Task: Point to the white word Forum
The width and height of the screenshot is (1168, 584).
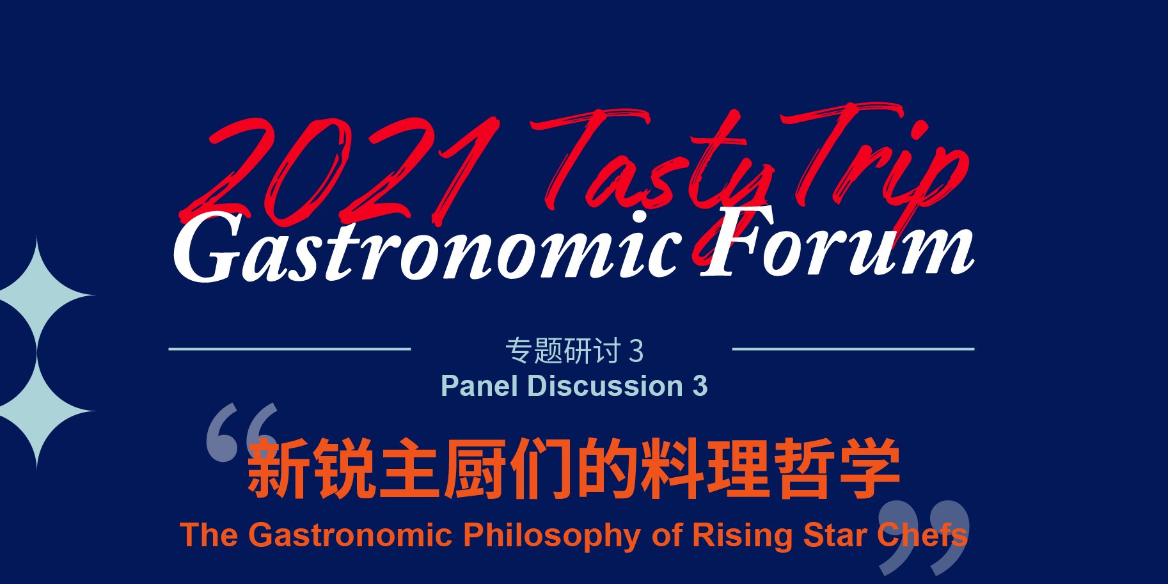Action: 837,243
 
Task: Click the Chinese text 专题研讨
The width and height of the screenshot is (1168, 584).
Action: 563,351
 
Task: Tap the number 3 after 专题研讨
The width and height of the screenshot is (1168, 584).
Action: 636,351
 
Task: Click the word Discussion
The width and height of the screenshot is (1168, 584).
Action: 604,386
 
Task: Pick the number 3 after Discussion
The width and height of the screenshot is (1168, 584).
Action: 700,386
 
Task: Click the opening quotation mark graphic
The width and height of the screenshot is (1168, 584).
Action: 242,432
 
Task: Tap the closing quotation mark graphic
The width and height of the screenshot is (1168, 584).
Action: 924,537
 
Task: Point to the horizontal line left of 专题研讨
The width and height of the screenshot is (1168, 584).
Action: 289,349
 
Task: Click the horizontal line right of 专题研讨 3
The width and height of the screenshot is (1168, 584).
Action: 853,349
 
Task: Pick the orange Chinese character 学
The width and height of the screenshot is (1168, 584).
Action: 871,469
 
